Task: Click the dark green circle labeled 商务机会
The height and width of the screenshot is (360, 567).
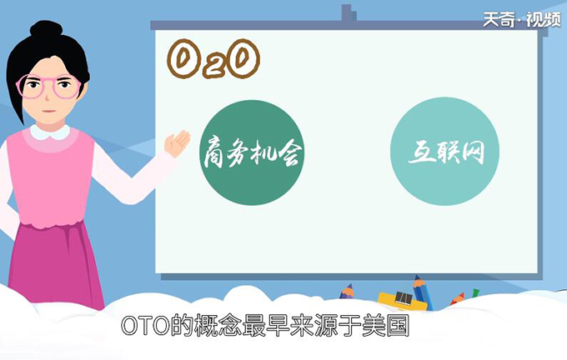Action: pos(252,153)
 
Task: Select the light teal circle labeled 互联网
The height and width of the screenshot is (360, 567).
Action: pos(444,153)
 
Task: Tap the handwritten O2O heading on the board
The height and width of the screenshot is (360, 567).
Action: pos(213,59)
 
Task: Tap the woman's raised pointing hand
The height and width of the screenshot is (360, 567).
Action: pos(176,144)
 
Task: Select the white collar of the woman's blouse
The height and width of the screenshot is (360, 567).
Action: pos(50,132)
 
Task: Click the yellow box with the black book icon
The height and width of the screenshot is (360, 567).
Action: pos(402,298)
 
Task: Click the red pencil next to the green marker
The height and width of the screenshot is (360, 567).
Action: pos(457,297)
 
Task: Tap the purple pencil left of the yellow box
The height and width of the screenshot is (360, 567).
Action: pos(348,292)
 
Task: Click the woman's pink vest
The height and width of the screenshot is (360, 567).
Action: pos(50,183)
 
